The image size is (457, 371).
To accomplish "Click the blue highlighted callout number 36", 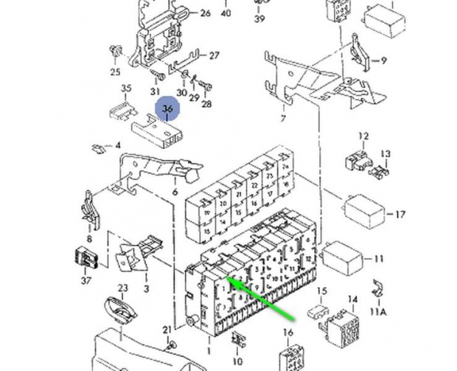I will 167,109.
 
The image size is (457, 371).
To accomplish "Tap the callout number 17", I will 400,215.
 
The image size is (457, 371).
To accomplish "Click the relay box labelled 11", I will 343,257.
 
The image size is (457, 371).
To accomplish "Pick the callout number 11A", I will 378,312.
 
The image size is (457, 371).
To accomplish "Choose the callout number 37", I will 86,281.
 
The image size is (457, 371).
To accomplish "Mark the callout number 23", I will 123,288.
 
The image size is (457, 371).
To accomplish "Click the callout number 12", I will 363,136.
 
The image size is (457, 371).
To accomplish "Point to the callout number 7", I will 282,118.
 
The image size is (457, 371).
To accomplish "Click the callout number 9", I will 383,61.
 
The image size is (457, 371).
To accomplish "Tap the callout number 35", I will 126,89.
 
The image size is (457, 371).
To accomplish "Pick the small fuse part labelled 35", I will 119,111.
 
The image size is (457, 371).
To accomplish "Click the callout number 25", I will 115,72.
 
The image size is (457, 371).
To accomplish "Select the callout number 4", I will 117,146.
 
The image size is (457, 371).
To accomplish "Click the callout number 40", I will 226,13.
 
